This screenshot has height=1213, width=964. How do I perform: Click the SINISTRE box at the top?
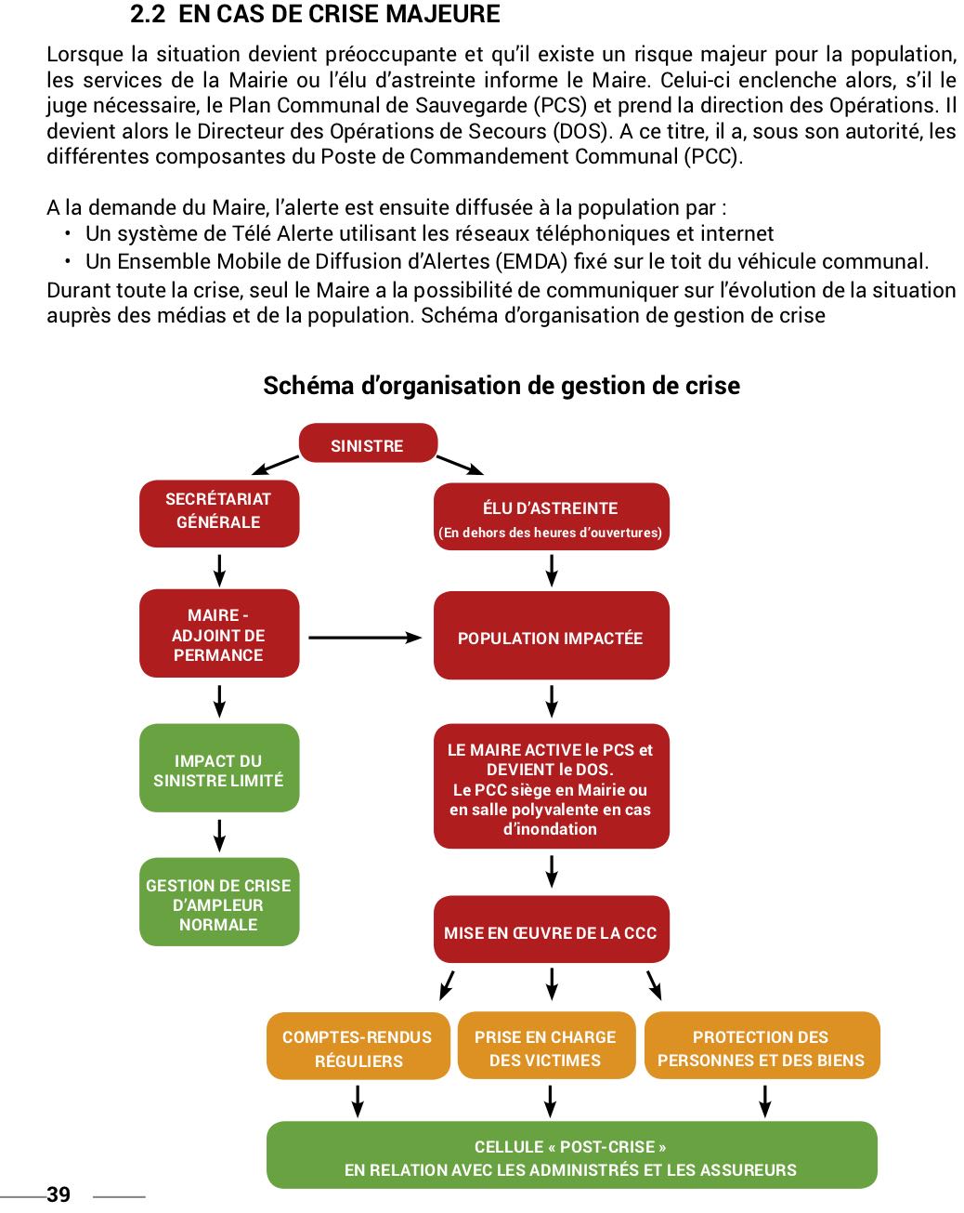[x=368, y=444]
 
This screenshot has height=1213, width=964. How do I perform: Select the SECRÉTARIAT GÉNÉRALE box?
[x=219, y=512]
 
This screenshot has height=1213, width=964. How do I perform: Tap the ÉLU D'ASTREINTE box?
[x=551, y=517]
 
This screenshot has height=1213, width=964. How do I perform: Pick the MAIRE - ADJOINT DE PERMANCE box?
[x=219, y=634]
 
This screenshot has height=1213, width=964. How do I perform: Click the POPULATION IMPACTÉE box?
[x=551, y=637]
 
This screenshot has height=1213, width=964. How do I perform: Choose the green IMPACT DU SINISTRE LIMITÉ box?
[x=219, y=769]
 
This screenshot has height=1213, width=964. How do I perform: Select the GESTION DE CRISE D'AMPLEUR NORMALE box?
[x=219, y=903]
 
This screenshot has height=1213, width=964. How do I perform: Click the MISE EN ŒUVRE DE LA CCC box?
[x=551, y=930]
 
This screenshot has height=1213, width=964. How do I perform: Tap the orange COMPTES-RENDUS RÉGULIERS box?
[x=358, y=1047]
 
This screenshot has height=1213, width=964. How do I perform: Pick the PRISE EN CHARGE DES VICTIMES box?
[x=545, y=1047]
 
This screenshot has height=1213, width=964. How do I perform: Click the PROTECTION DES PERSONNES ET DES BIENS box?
[x=762, y=1047]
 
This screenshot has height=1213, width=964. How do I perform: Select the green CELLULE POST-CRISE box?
[x=571, y=1156]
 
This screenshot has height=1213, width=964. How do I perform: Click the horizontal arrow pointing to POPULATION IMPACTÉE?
[x=365, y=638]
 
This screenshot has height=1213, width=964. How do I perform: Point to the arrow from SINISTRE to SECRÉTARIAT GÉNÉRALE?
[x=275, y=464]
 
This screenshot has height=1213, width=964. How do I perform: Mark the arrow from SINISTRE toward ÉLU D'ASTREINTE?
[x=460, y=464]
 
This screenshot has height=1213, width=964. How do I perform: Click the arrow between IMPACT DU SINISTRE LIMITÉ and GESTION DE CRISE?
[x=219, y=835]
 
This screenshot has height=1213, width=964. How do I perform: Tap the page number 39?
[x=58, y=1194]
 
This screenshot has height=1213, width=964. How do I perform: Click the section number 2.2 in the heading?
[x=148, y=15]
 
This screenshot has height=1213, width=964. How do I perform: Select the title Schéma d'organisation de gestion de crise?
[x=502, y=386]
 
